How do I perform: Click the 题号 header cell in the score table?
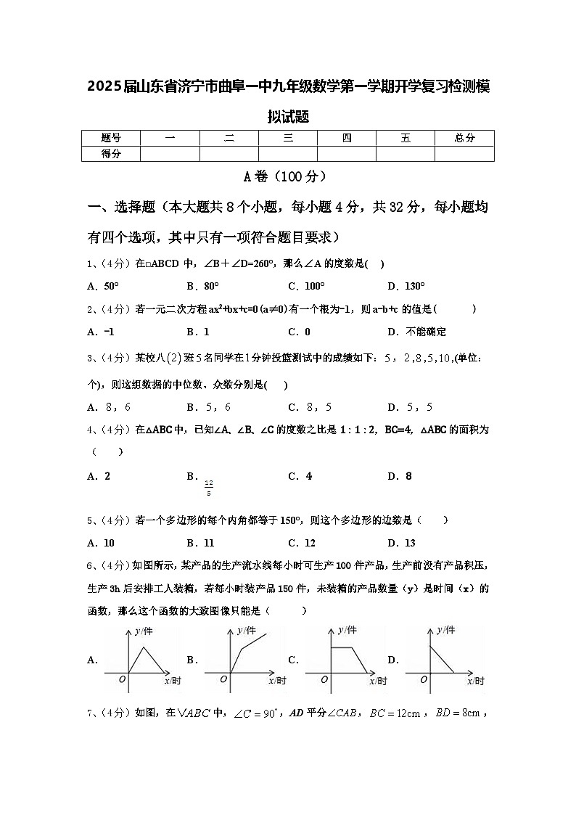point(111,138)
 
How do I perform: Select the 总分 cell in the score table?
point(464,138)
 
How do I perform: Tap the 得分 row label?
point(111,153)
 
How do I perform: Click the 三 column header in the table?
point(288,138)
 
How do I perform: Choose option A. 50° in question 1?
point(102,286)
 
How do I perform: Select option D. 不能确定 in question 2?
point(416,332)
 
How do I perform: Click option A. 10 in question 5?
point(101,543)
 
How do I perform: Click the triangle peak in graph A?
point(144,647)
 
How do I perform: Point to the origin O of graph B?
point(223,679)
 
